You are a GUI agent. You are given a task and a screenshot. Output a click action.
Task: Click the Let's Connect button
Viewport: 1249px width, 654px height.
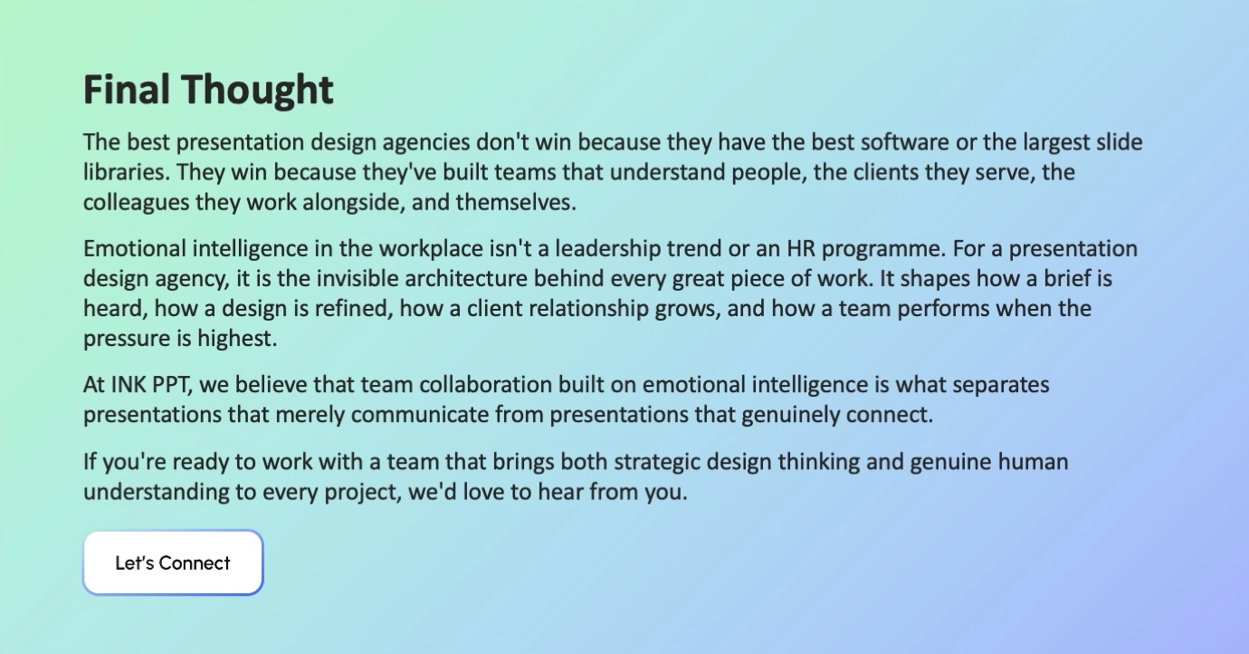(173, 563)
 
